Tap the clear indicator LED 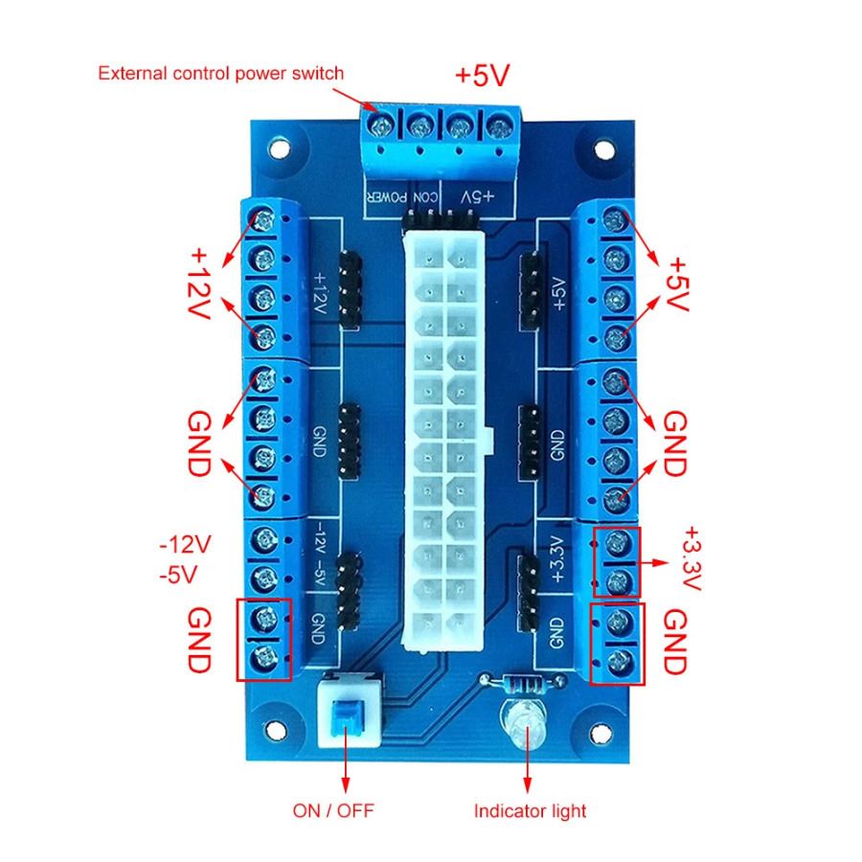[523, 725]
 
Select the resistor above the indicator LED [522, 684]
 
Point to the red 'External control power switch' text [220, 73]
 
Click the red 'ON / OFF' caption [333, 810]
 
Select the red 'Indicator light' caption [530, 811]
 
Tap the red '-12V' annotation [185, 544]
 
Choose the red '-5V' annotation [178, 575]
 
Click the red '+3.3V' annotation [692, 558]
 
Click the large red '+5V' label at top [483, 76]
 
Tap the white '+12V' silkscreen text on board [319, 293]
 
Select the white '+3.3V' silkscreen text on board [557, 558]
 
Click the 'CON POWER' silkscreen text [403, 197]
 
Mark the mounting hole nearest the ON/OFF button [276, 730]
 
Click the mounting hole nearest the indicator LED [600, 734]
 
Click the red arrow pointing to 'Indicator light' [528, 760]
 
